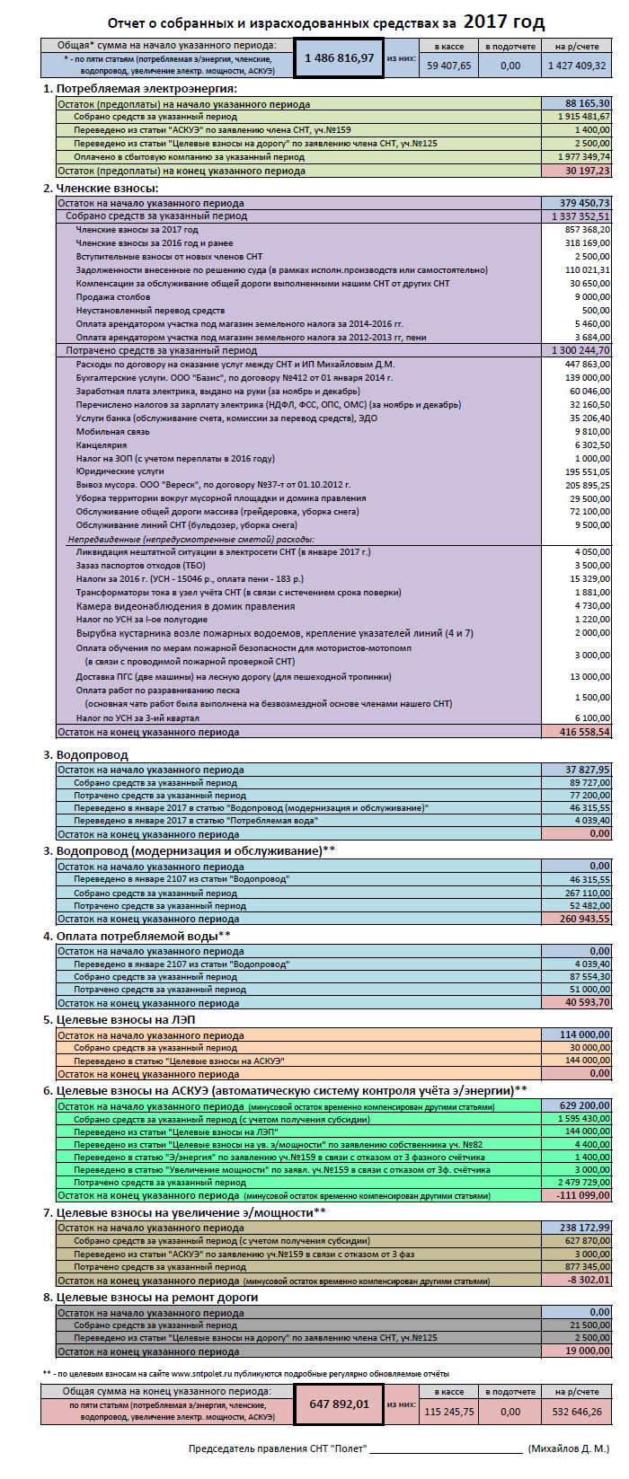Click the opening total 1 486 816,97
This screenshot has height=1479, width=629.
(x=339, y=58)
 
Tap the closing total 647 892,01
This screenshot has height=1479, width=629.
(x=339, y=1404)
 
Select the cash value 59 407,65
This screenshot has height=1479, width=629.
(x=448, y=66)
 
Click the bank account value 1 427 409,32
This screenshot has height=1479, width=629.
(x=577, y=66)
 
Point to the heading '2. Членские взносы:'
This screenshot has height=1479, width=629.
(x=101, y=189)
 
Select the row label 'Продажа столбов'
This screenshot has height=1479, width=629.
(x=113, y=297)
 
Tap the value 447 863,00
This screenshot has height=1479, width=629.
(x=588, y=365)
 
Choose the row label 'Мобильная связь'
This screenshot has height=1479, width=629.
(x=113, y=432)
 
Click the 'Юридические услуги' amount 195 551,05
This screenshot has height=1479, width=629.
(x=588, y=472)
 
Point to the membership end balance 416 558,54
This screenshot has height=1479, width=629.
(x=585, y=732)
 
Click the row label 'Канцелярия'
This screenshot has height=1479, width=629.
(x=101, y=445)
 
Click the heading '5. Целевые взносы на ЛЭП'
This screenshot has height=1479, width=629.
(x=119, y=1019)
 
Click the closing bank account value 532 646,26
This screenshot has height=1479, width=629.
(x=577, y=1412)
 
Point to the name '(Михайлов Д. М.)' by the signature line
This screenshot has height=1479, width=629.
(x=569, y=1448)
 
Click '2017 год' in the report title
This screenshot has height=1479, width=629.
(x=504, y=22)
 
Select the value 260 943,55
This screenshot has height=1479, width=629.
(x=585, y=919)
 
